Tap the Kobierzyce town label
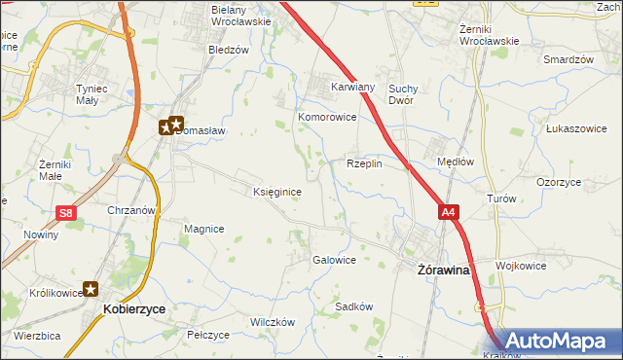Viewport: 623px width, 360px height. (x=133, y=308)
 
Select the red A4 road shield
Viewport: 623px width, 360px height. (x=447, y=211)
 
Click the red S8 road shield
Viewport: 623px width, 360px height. (x=65, y=213)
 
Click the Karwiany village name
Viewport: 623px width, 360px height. (x=352, y=86)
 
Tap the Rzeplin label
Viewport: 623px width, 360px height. (x=364, y=164)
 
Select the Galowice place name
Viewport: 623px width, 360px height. (x=333, y=260)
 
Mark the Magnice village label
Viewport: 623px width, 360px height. (x=204, y=229)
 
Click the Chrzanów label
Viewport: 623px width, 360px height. (x=132, y=210)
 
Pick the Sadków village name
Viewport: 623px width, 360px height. (x=354, y=306)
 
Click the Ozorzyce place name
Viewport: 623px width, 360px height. (x=559, y=182)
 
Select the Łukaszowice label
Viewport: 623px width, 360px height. (x=576, y=128)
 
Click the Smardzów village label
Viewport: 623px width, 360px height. (x=568, y=59)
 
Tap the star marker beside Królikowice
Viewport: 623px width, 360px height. (x=91, y=288)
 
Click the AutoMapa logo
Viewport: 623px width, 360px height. (x=551, y=342)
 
